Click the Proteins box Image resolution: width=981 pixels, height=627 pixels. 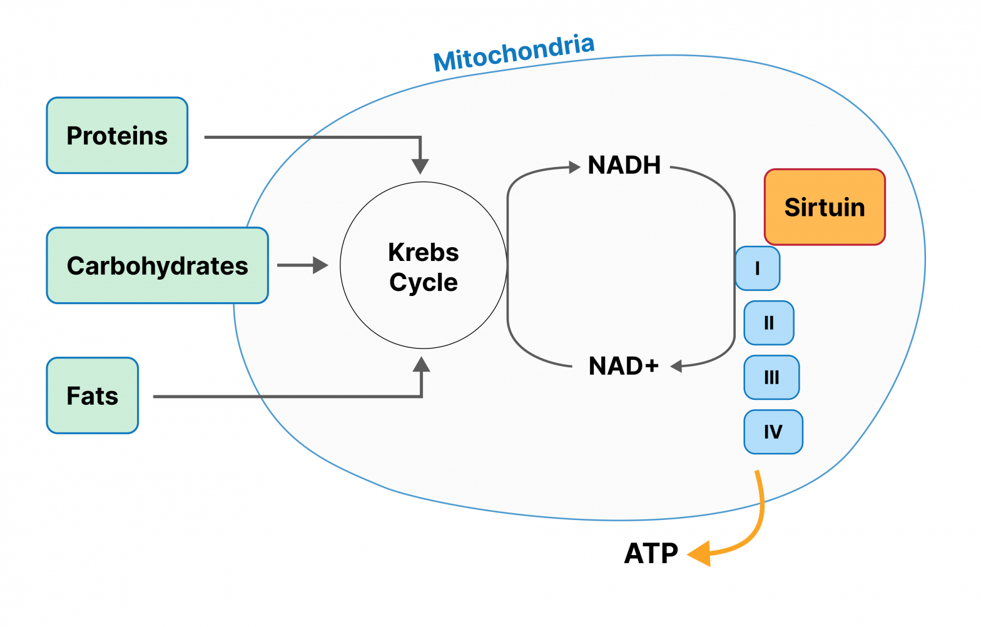coord(117,135)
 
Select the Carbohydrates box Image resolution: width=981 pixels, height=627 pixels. coord(157,265)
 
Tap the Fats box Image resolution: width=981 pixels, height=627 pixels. coord(92,395)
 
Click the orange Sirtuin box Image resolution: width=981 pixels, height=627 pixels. coord(825,206)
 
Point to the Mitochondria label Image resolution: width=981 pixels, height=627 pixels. coord(514,53)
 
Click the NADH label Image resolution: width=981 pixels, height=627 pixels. coord(624,165)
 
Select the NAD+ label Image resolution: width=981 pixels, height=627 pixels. coord(623,365)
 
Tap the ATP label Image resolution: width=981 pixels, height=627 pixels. coord(651,553)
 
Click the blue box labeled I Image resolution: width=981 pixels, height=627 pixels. coord(757,268)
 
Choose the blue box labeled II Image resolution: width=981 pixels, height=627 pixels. coord(769,323)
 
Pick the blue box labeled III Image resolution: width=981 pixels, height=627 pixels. coord(771,377)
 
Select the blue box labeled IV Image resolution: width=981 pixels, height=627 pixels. coord(773,432)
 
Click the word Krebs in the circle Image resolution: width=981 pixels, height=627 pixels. coord(423,252)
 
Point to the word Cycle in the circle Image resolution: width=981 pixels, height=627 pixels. coord(423,282)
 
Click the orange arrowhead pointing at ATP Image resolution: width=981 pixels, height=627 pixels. coord(699,554)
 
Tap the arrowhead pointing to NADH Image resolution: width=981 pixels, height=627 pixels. coord(574,166)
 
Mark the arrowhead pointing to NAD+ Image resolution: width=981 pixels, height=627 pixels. coord(676,366)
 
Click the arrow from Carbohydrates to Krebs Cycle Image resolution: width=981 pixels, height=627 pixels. coord(303,265)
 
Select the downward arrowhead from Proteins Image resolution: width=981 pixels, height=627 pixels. coord(420,166)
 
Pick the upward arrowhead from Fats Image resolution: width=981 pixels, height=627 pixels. coord(422,364)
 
